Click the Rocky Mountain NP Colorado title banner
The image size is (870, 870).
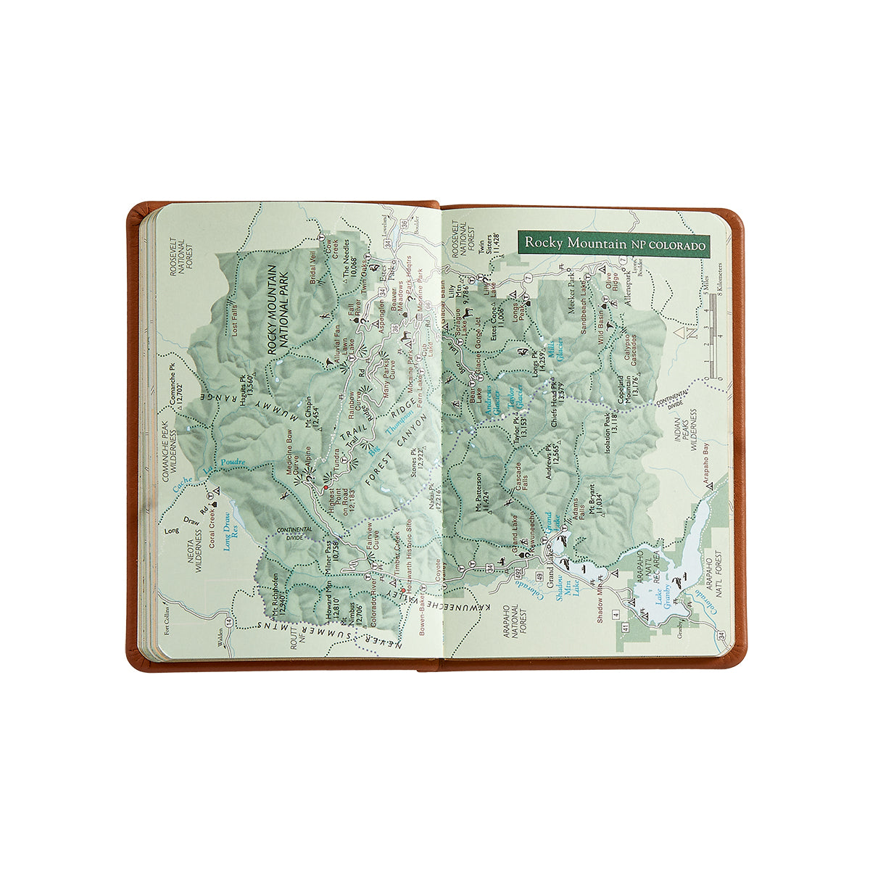click(x=614, y=244)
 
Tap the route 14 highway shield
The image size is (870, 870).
click(x=229, y=622)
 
